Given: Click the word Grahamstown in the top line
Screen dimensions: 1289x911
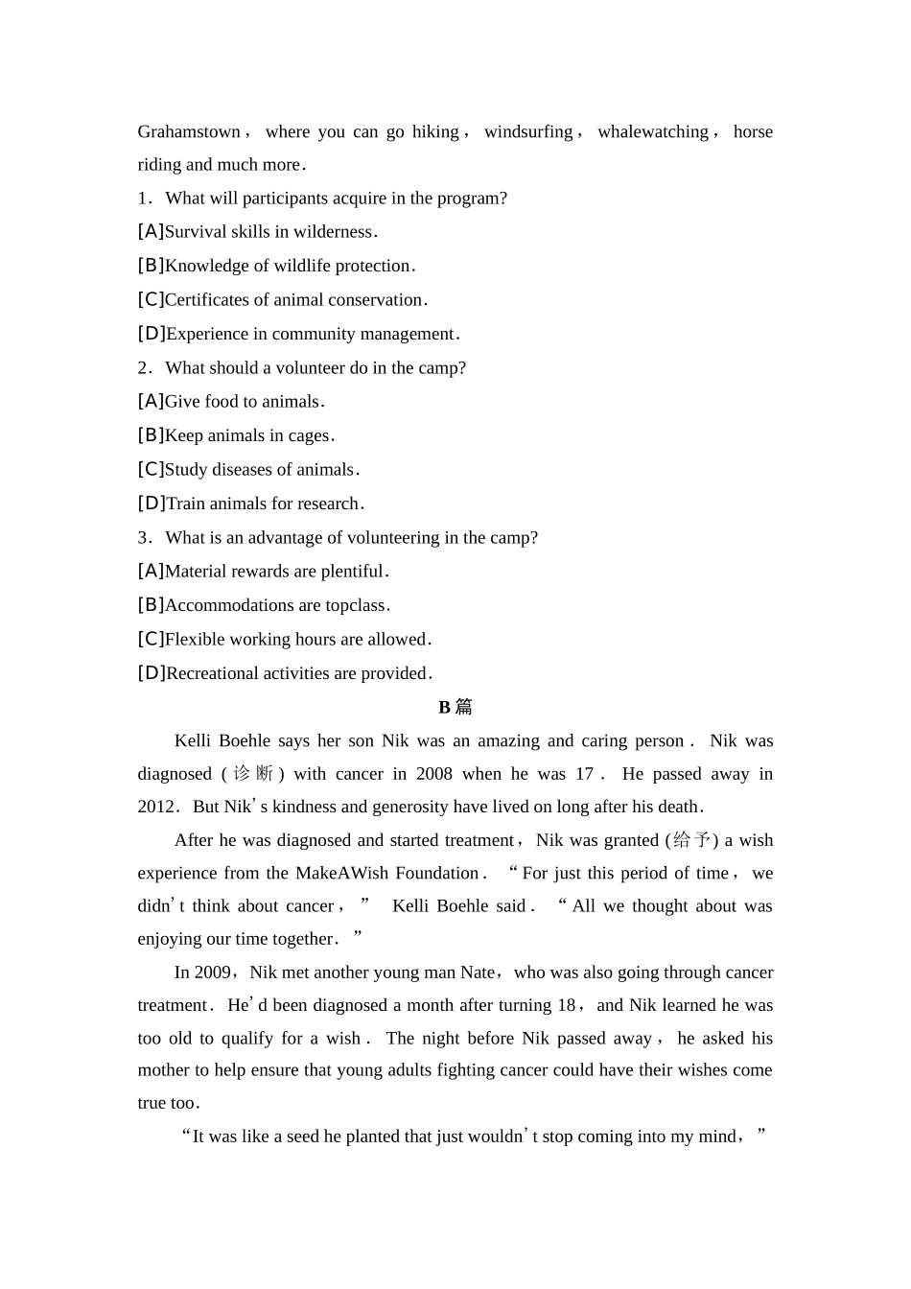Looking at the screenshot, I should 189,131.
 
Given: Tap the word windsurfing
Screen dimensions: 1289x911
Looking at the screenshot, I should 528,131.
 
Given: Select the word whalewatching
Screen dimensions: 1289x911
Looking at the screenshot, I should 653,131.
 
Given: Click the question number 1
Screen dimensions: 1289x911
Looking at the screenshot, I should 144,199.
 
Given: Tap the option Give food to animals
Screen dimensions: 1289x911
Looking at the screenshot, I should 244,402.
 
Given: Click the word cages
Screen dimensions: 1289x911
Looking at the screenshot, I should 309,435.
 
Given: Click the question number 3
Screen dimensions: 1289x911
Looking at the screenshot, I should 144,538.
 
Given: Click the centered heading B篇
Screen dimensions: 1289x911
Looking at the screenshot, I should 455,707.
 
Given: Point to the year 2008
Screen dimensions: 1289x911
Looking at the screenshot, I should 434,774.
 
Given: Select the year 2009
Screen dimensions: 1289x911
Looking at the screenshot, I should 212,973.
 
